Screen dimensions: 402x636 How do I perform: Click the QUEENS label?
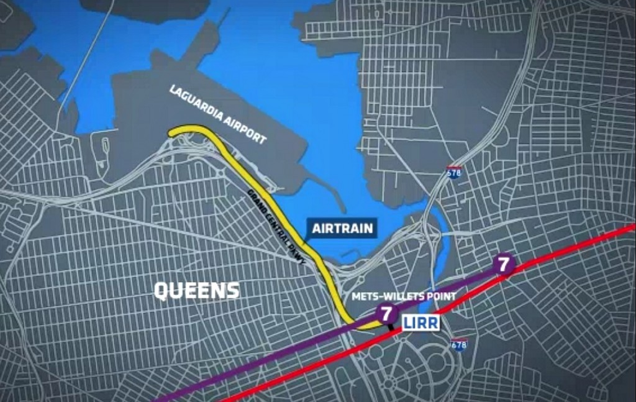click(196, 290)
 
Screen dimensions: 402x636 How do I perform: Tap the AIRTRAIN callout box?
click(342, 228)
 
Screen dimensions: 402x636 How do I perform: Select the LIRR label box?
click(421, 322)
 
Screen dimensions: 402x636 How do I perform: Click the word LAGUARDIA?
click(197, 106)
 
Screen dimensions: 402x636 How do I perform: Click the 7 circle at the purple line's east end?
click(504, 264)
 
